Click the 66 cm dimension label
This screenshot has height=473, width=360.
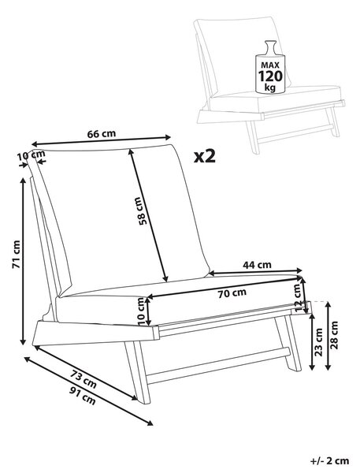[x=102, y=134]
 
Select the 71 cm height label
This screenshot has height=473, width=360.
[x=16, y=255]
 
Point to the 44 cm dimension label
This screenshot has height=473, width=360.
[x=257, y=265]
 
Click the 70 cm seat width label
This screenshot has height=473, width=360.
[x=232, y=293]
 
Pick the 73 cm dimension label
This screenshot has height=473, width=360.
[x=84, y=379]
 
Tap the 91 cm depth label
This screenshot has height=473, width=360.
[x=83, y=396]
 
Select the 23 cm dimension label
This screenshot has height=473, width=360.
[x=319, y=342]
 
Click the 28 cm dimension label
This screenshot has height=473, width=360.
[x=334, y=335]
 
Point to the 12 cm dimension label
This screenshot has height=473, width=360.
[x=298, y=298]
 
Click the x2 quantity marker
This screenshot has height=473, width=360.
[x=205, y=157]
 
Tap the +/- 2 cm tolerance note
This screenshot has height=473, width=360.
[x=329, y=460]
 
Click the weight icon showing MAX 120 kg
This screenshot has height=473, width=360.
[x=270, y=66]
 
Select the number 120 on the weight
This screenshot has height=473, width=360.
[x=270, y=76]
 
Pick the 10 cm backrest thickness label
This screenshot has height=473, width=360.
[x=31, y=156]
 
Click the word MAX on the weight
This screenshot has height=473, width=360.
[x=270, y=65]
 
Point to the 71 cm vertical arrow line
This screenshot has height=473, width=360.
[x=23, y=261]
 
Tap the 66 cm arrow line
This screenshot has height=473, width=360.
[x=102, y=140]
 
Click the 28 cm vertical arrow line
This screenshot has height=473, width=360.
[x=328, y=336]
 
